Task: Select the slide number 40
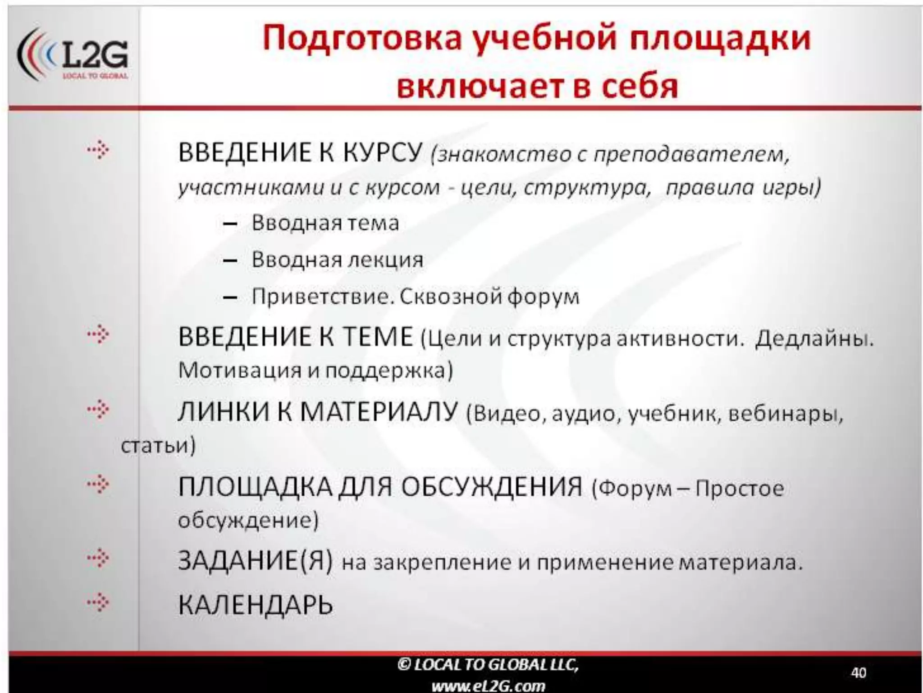pos(858,673)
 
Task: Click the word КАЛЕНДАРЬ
pos(255,605)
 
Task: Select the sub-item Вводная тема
pos(325,223)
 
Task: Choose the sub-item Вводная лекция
pos(337,260)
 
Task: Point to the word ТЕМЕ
pos(378,337)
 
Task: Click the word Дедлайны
pos(814,339)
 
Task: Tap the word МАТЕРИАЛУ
pos(379,412)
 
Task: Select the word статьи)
pos(158,446)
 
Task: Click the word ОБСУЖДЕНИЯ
pos(491,487)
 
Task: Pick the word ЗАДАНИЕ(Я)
pos(255,561)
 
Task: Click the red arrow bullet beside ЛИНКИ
pos(98,409)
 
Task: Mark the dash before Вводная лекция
pos(230,261)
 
